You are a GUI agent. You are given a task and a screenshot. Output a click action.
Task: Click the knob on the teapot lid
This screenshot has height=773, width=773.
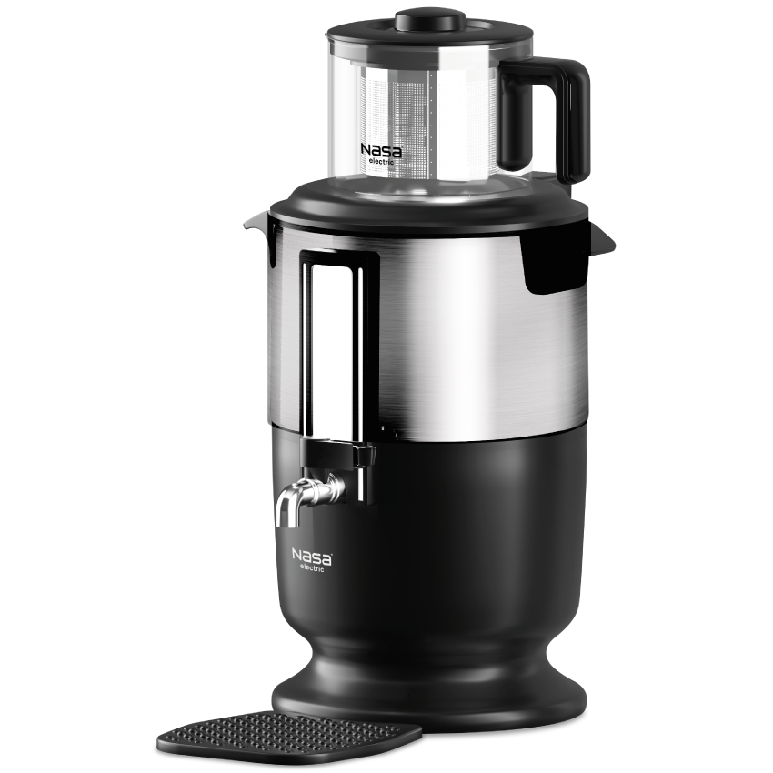pos(430,20)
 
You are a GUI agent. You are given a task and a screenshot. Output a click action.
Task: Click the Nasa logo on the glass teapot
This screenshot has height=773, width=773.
pos(381,150)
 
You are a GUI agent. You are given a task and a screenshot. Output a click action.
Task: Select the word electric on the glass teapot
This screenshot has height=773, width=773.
pos(382,161)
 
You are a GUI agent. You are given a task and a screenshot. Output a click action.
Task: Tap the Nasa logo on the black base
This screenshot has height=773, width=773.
pos(312,557)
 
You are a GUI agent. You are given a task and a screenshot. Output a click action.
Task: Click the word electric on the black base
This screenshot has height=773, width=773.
pos(312,567)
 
